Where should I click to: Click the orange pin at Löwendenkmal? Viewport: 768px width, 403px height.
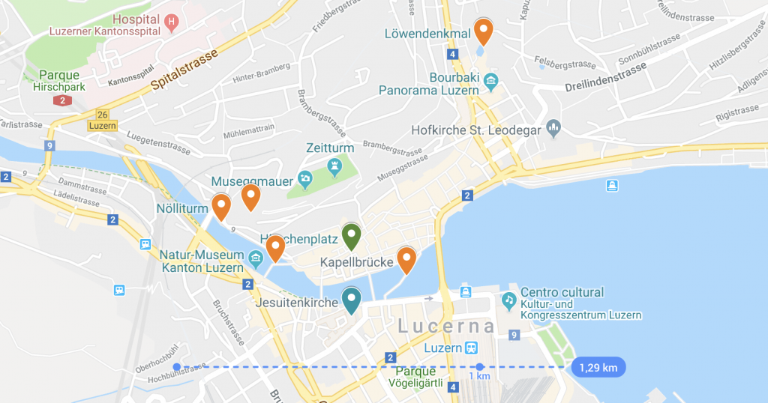tap(484, 31)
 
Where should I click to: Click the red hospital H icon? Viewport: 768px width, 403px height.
tap(172, 22)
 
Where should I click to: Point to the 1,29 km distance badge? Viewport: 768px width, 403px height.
tap(598, 367)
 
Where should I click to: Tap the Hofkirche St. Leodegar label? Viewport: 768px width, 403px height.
tap(476, 130)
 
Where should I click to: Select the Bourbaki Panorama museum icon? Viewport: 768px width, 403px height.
tap(491, 79)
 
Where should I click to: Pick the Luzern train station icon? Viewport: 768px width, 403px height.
tap(472, 348)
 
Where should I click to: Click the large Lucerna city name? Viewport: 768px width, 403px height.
tap(446, 326)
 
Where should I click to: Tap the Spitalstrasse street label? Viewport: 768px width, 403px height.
tap(184, 70)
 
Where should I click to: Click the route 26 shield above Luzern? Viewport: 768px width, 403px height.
tap(102, 114)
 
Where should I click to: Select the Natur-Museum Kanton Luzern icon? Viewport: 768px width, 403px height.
tap(256, 260)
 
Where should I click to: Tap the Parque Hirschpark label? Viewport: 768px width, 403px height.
tap(60, 81)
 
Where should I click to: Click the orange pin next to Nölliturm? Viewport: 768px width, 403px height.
tap(220, 206)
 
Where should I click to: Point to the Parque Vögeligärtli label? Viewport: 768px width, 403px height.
tap(415, 378)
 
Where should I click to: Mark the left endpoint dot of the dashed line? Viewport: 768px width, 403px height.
tap(176, 367)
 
